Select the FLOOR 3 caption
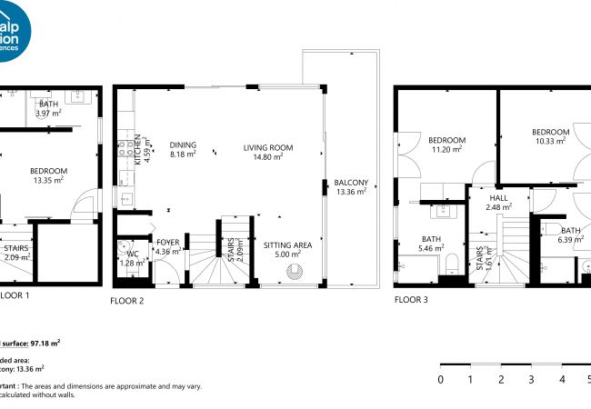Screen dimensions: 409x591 (x=411, y=298)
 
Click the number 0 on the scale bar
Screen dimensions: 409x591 (x=441, y=379)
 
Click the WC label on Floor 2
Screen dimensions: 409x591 (x=133, y=254)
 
